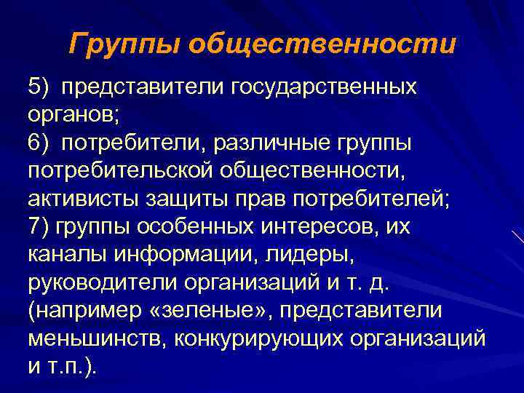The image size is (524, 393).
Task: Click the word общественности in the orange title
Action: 322,44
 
